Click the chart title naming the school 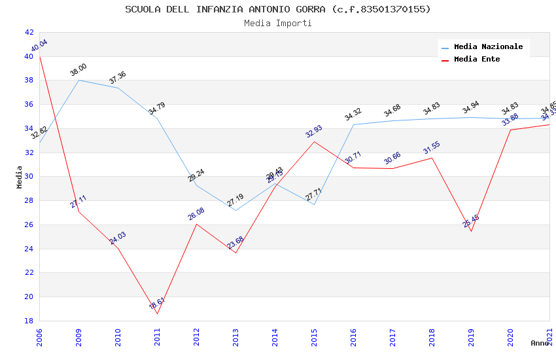point(278,9)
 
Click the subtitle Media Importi point(278,24)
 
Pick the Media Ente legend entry point(477,59)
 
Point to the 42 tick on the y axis point(29,32)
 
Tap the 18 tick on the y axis point(29,321)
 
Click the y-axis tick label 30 point(29,177)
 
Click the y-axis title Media point(20,177)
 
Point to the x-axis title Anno point(540,343)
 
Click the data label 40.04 point(39,46)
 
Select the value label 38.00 point(78,70)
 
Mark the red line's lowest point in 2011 point(157,314)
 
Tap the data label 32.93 point(314,130)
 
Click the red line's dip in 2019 point(471,231)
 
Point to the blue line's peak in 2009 point(78,80)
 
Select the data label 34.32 point(353,115)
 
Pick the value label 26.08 point(196,214)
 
